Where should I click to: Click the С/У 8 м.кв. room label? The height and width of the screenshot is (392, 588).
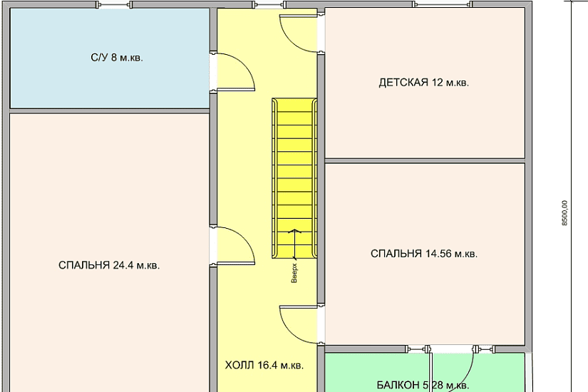tap(117, 58)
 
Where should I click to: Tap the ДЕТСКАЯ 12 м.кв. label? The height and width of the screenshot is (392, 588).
tap(424, 83)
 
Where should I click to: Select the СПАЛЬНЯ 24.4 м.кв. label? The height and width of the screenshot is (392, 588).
tap(109, 266)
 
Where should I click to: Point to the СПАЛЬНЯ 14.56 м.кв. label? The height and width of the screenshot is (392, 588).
tap(424, 254)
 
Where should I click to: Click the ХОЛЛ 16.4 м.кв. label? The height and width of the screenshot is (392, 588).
tap(264, 366)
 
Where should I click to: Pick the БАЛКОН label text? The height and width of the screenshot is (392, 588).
tap(398, 386)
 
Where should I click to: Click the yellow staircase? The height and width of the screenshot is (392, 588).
tap(294, 178)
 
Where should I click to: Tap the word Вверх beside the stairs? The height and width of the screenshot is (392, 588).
tap(294, 273)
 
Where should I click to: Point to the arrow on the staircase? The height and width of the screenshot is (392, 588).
tap(295, 244)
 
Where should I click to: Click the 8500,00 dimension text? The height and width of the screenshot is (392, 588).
tap(564, 212)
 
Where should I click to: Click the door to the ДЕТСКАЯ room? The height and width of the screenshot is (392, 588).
tap(299, 33)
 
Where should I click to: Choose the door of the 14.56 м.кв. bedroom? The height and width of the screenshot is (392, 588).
tap(299, 324)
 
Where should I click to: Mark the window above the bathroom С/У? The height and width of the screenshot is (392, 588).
tap(114, 5)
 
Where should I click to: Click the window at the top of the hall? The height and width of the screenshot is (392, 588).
tap(269, 5)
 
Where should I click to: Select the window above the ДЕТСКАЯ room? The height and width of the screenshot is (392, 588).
tap(442, 4)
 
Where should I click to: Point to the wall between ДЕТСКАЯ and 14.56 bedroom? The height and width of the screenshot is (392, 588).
tap(425, 161)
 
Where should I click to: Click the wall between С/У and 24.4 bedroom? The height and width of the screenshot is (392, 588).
tap(109, 111)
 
